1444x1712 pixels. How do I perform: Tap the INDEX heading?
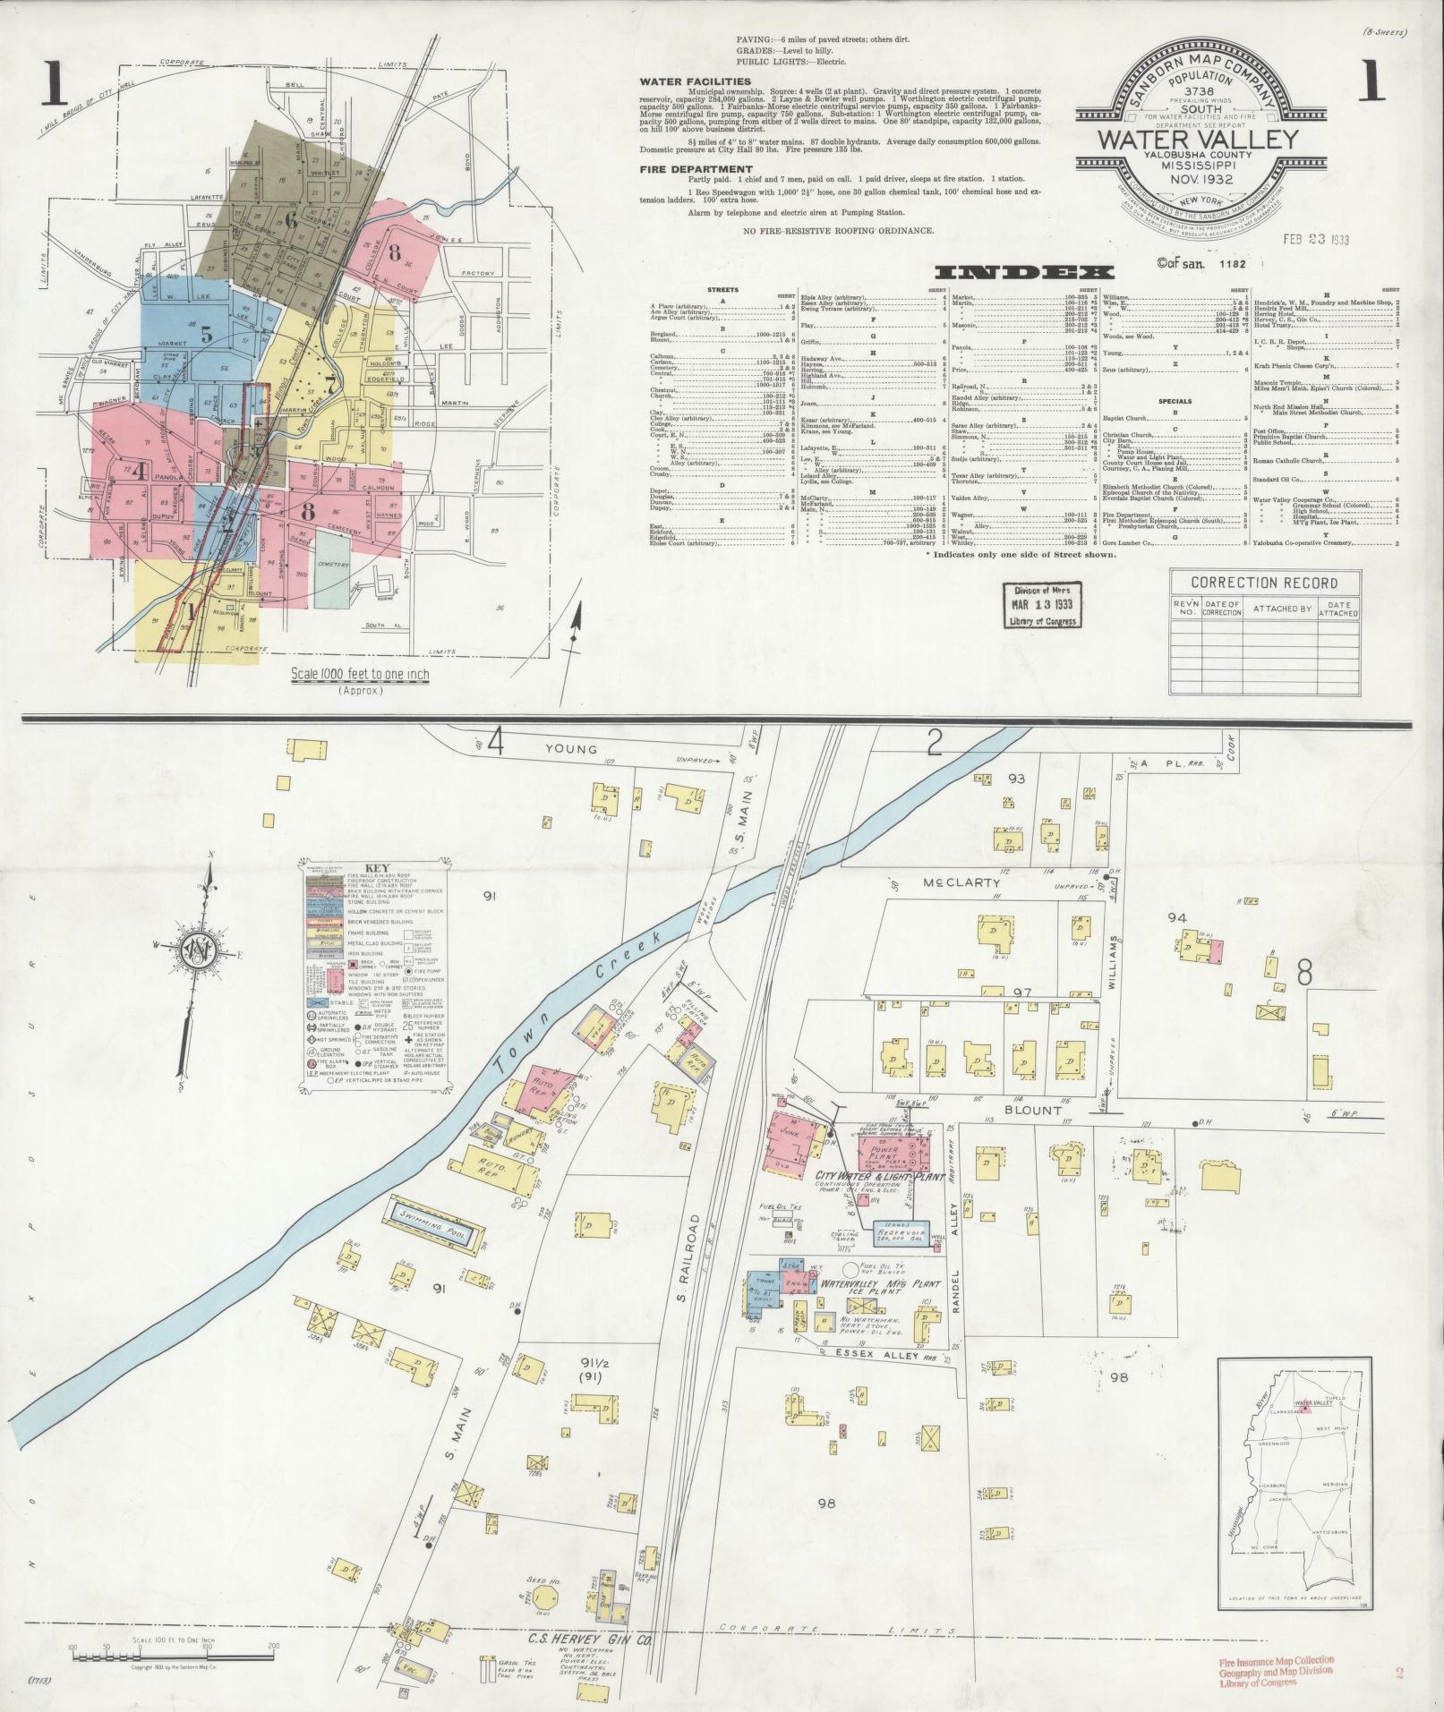click(1023, 272)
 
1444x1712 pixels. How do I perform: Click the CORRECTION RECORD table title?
click(1264, 582)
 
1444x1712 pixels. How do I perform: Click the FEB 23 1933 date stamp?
click(1316, 239)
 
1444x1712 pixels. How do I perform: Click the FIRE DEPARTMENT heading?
click(696, 169)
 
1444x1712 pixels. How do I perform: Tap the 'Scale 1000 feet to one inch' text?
click(358, 675)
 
